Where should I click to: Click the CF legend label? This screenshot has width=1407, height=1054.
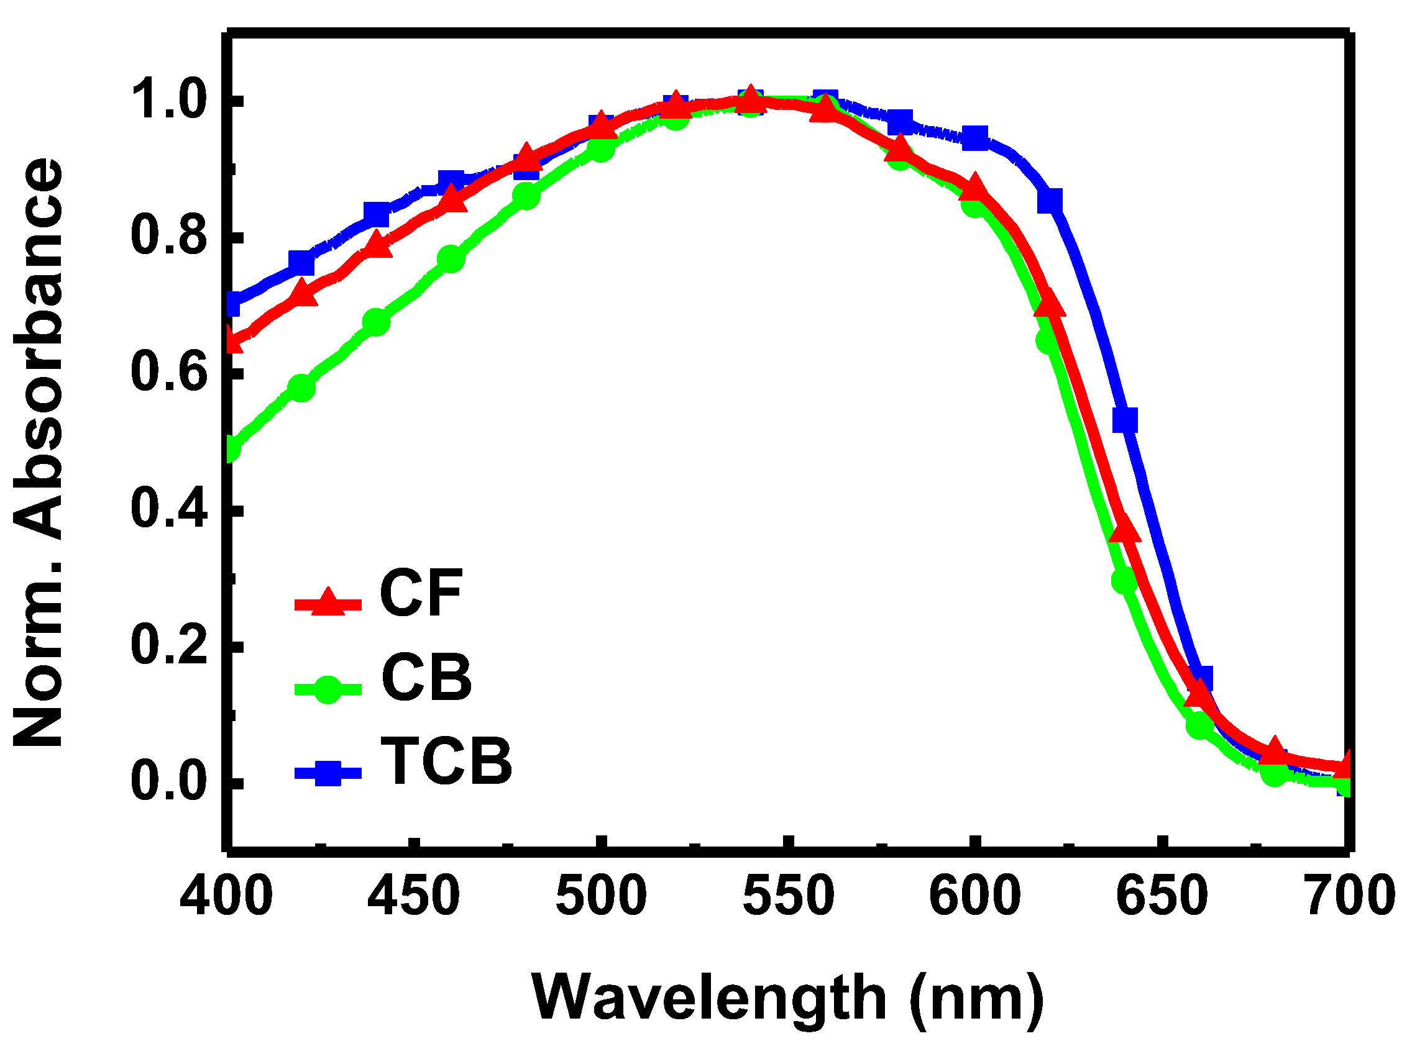421,593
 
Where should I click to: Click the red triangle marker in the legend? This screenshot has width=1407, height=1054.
328,601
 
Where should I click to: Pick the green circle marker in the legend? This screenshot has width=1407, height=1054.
328,689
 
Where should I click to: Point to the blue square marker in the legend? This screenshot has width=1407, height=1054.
328,773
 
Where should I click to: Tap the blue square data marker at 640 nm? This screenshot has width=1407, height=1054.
1125,420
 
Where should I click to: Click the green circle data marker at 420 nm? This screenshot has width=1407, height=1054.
301,387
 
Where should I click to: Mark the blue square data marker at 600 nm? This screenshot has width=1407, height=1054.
974,138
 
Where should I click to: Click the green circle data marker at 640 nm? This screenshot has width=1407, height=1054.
1124,579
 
